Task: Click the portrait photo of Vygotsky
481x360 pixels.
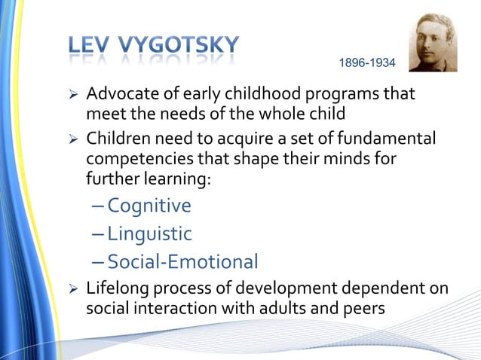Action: pos(433,43)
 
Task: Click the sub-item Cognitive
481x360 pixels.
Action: pos(149,206)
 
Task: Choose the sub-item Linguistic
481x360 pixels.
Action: pos(149,233)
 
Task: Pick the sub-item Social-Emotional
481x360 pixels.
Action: pos(182,261)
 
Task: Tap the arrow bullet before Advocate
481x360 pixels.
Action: pos(73,96)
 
